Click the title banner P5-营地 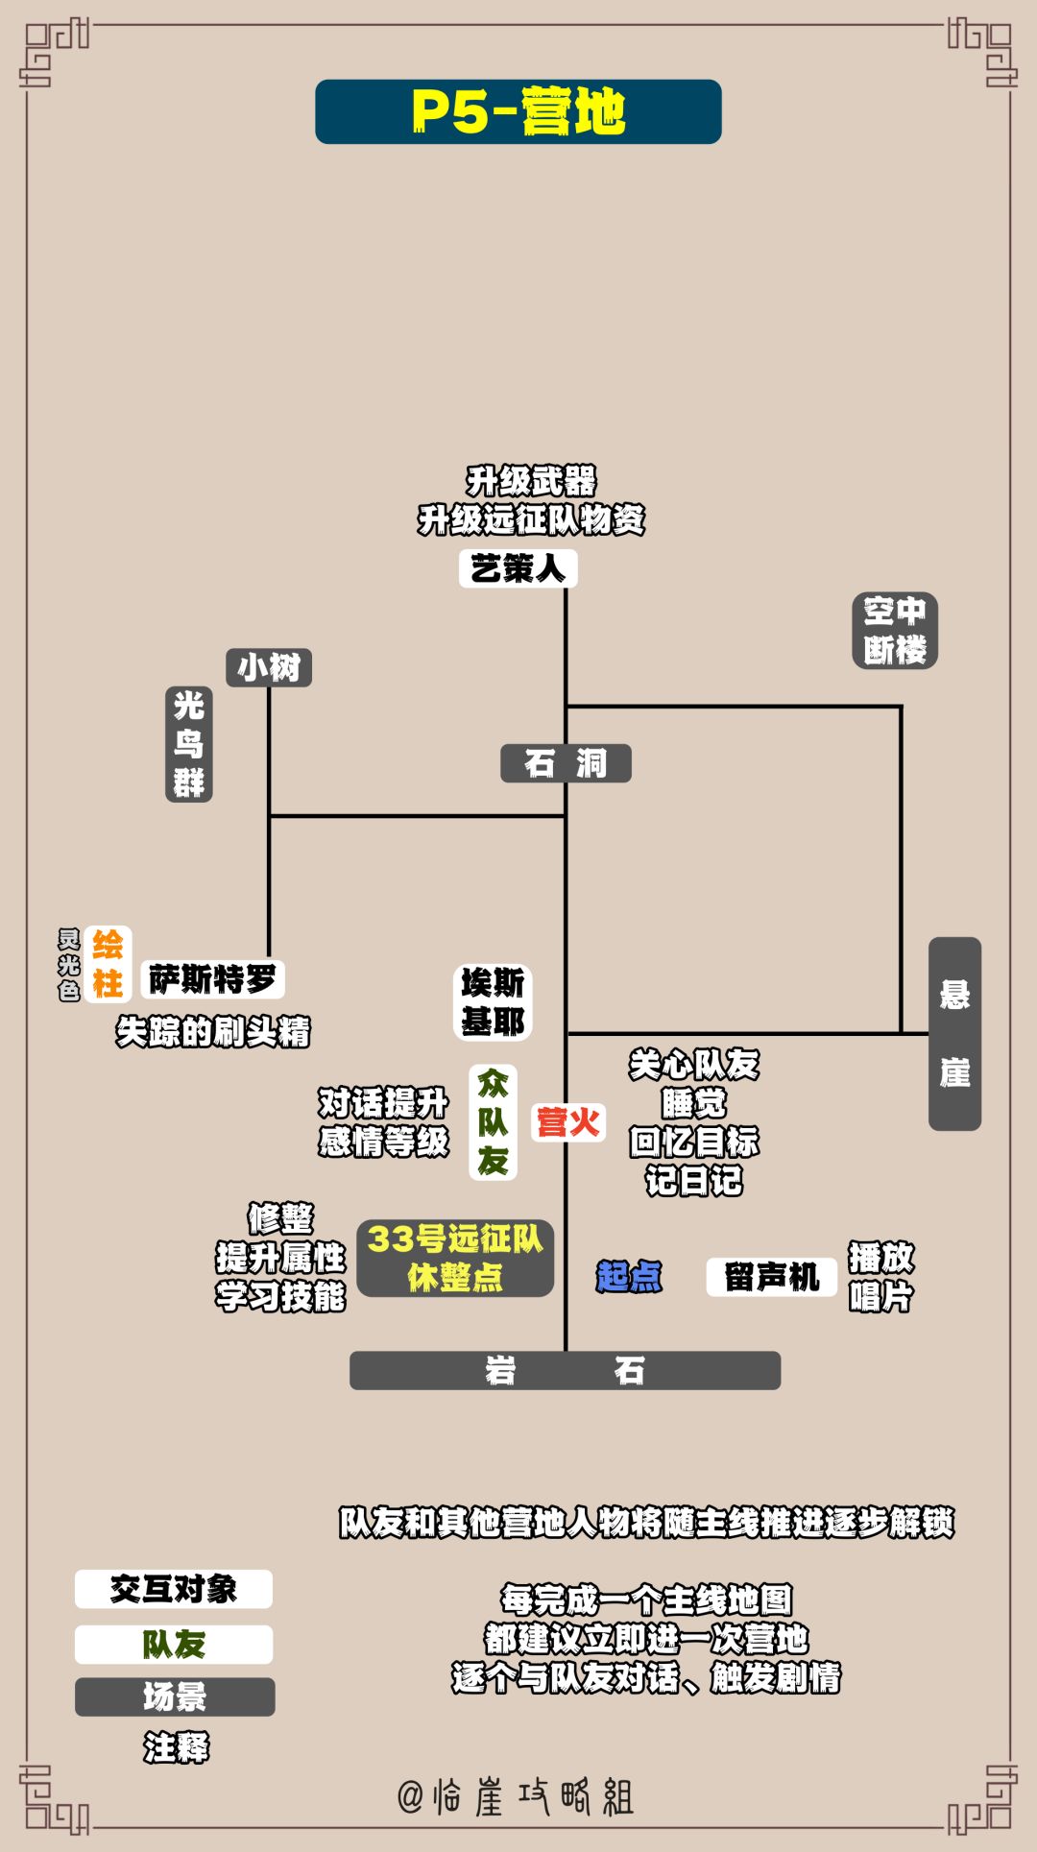click(x=518, y=111)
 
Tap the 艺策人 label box click(x=518, y=568)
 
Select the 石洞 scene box click(x=566, y=763)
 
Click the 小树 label click(x=269, y=667)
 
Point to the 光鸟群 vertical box click(x=189, y=745)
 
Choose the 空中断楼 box click(x=895, y=630)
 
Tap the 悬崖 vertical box click(x=954, y=1033)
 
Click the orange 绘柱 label click(x=108, y=964)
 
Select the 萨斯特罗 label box click(x=213, y=979)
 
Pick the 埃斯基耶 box click(x=493, y=1002)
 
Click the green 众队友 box click(x=494, y=1122)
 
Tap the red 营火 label click(x=568, y=1122)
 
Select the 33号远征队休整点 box click(x=455, y=1258)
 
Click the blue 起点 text click(x=629, y=1277)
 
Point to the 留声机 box click(x=772, y=1277)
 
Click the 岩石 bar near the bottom click(x=565, y=1370)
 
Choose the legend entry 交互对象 click(x=174, y=1589)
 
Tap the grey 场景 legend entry click(x=175, y=1696)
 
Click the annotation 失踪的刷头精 click(x=213, y=1032)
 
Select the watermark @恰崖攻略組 click(x=517, y=1796)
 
